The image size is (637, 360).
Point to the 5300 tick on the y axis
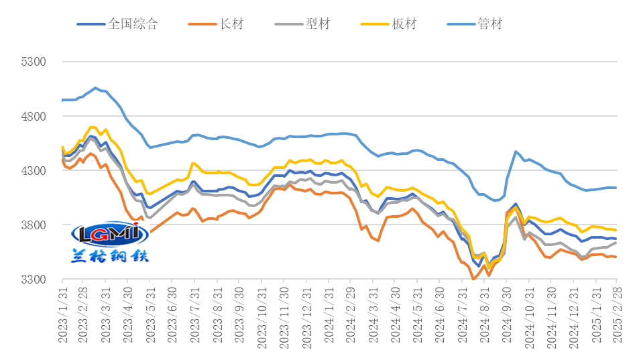(34, 62)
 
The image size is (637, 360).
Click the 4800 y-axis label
(34, 116)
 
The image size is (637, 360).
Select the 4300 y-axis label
(34, 170)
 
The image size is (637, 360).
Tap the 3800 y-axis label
(34, 225)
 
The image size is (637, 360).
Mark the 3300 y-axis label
(34, 279)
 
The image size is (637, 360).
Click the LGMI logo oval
(109, 234)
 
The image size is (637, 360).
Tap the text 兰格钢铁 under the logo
(109, 255)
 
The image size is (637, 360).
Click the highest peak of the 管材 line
(95, 88)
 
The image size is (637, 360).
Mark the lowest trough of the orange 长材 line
(473, 280)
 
